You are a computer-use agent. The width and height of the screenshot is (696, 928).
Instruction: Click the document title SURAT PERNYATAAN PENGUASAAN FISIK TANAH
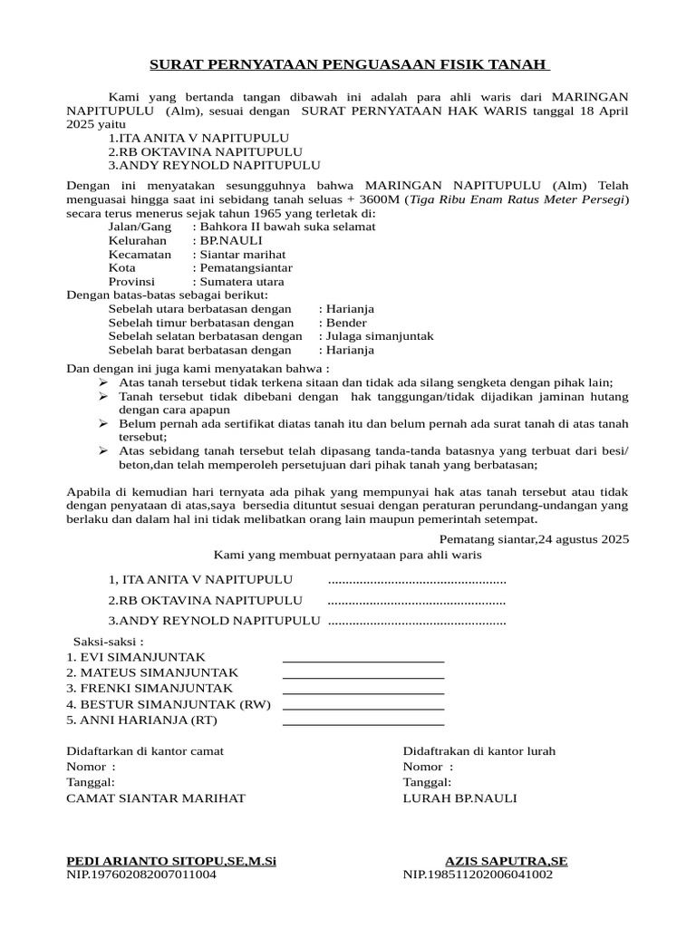(x=348, y=65)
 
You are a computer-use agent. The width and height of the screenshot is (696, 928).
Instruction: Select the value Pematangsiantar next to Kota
(x=242, y=268)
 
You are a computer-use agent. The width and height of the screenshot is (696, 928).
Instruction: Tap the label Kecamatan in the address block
(x=140, y=255)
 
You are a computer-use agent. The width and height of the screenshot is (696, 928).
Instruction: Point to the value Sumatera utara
(x=238, y=282)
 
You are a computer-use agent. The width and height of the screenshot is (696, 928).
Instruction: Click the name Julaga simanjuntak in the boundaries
(x=376, y=336)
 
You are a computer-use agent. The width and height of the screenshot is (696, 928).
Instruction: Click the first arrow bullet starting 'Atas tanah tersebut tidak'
(x=102, y=382)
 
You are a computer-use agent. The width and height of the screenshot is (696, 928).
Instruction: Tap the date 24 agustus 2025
(x=583, y=539)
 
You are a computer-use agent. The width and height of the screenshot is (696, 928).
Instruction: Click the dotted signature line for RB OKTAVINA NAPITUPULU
(x=416, y=600)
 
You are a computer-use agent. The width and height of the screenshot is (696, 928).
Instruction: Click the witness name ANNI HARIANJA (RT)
(x=142, y=720)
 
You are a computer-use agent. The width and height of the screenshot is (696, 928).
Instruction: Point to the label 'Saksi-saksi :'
(x=108, y=641)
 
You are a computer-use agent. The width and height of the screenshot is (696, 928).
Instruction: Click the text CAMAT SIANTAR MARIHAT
(x=156, y=798)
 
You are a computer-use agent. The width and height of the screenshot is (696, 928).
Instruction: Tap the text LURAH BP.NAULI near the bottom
(x=459, y=798)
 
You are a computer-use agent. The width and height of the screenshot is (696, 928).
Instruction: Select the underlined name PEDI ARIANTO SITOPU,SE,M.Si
(x=171, y=861)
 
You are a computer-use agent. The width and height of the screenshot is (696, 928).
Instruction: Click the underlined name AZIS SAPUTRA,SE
(x=507, y=861)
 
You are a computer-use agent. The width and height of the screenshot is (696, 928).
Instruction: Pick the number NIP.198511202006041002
(x=478, y=875)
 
